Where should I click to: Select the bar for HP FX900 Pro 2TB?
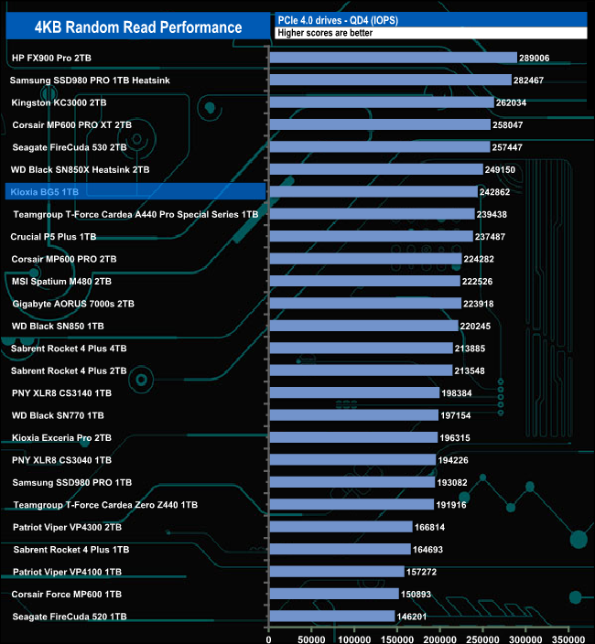(394, 58)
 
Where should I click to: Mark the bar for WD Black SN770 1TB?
(354, 415)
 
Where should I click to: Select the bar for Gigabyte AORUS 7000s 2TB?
(365, 304)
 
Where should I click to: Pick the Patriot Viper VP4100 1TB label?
(67, 572)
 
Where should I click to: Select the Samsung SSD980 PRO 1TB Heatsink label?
(90, 80)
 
